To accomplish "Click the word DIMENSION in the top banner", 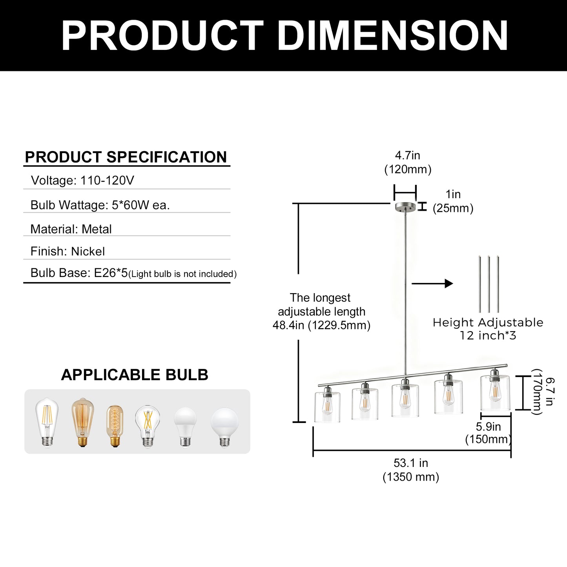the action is pyautogui.click(x=392, y=36).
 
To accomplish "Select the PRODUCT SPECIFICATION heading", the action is pyautogui.click(x=126, y=157).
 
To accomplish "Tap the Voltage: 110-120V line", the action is pyautogui.click(x=82, y=180).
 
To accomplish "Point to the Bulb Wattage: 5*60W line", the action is pyautogui.click(x=100, y=205).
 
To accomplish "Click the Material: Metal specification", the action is pyautogui.click(x=71, y=229).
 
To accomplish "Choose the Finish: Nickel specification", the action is pyautogui.click(x=67, y=251).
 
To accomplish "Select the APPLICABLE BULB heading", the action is pyautogui.click(x=135, y=375).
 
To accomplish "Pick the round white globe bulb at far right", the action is pyautogui.click(x=225, y=427).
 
